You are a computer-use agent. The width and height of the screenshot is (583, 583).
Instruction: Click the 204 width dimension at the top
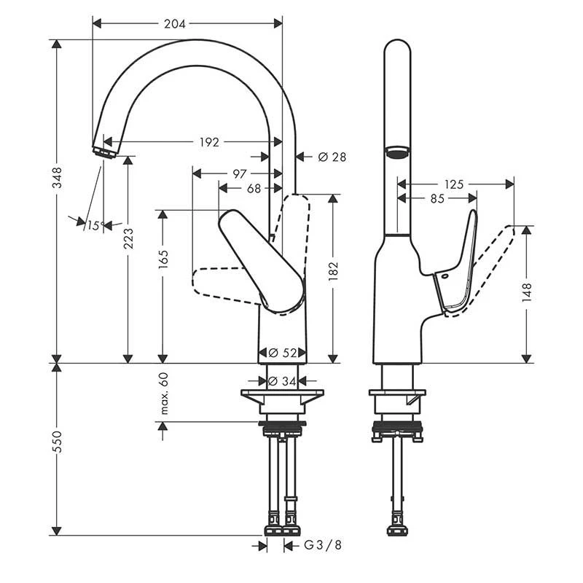(x=175, y=23)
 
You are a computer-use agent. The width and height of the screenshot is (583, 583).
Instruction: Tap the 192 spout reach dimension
(x=208, y=142)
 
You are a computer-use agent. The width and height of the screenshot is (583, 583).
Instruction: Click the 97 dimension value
(x=238, y=173)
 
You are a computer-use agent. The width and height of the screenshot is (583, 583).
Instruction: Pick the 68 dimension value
(x=254, y=189)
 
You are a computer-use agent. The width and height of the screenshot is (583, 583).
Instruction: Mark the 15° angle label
(x=93, y=226)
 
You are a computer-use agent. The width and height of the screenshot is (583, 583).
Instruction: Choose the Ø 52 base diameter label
(x=283, y=353)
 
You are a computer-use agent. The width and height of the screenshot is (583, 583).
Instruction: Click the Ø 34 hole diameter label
(x=283, y=380)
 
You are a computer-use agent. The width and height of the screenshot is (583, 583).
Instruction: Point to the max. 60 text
(x=163, y=394)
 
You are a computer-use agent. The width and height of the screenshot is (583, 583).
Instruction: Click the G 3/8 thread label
(x=321, y=545)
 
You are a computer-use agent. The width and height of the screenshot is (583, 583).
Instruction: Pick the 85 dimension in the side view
(x=436, y=198)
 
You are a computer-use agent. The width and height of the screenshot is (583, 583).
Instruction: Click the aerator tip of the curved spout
(x=104, y=151)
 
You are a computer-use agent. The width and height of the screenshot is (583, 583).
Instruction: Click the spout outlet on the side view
(x=396, y=152)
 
